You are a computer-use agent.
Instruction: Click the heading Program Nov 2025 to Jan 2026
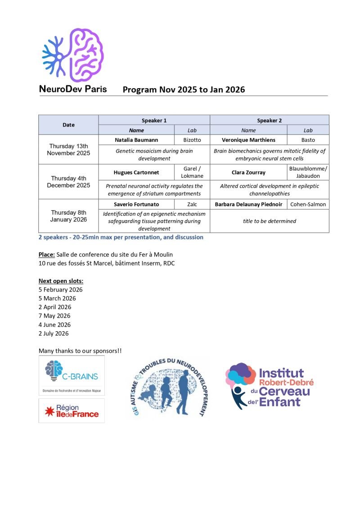[184, 90]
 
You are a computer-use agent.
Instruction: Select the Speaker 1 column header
[154, 121]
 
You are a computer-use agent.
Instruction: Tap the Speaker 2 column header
[269, 121]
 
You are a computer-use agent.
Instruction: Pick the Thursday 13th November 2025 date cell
[68, 149]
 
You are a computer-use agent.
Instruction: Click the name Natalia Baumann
[136, 140]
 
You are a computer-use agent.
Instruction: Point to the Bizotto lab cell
[192, 140]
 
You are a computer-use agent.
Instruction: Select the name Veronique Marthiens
[248, 140]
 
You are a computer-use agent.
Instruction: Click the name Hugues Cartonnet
[136, 172]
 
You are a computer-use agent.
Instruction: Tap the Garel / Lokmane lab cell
[192, 172]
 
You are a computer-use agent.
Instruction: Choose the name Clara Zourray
[248, 172]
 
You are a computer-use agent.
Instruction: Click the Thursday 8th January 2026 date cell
[68, 216]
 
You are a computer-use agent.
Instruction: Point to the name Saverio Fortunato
[136, 204]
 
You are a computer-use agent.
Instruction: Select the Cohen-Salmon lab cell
[308, 204]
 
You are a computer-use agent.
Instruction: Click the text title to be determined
[269, 221]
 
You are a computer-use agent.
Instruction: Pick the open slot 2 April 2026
[54, 307]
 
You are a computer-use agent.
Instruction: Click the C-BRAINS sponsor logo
[72, 375]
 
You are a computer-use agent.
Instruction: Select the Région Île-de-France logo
[72, 410]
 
